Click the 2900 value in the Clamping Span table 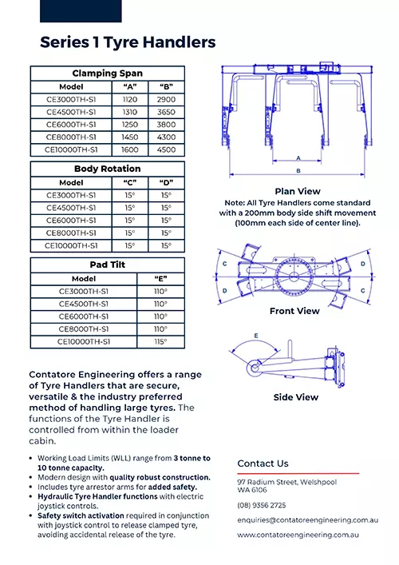click(x=166, y=99)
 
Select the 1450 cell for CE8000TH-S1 click(x=130, y=137)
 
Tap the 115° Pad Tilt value click(x=160, y=341)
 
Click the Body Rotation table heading click(x=107, y=169)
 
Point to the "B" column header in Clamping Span click(x=166, y=87)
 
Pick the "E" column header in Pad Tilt click(x=160, y=279)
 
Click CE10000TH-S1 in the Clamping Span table click(x=71, y=149)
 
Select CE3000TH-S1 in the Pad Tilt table click(x=84, y=291)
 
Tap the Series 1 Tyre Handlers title click(x=128, y=42)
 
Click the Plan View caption click(x=298, y=191)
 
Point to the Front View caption click(x=294, y=311)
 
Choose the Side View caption click(x=296, y=397)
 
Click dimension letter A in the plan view click(x=298, y=158)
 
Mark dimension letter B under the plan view click(x=298, y=171)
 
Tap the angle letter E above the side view click(x=256, y=336)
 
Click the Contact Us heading click(x=263, y=464)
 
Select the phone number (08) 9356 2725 click(x=262, y=505)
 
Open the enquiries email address click(x=307, y=520)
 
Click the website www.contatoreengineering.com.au click(x=298, y=535)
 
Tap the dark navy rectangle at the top click(x=81, y=11)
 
